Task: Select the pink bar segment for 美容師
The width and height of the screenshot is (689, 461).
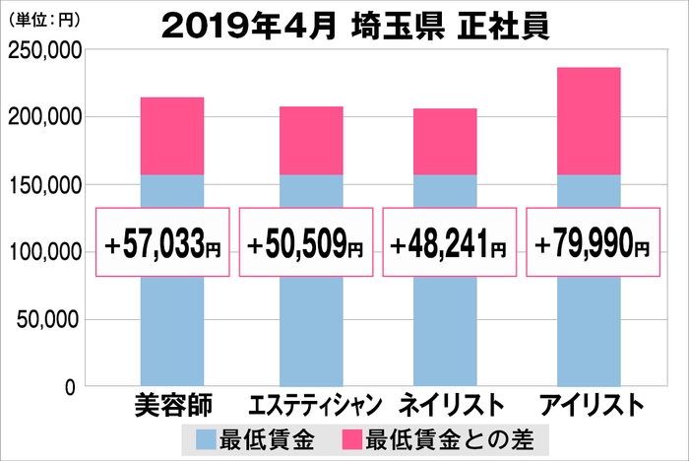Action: tap(171, 136)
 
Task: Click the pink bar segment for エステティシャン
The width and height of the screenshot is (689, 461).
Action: tap(311, 141)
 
